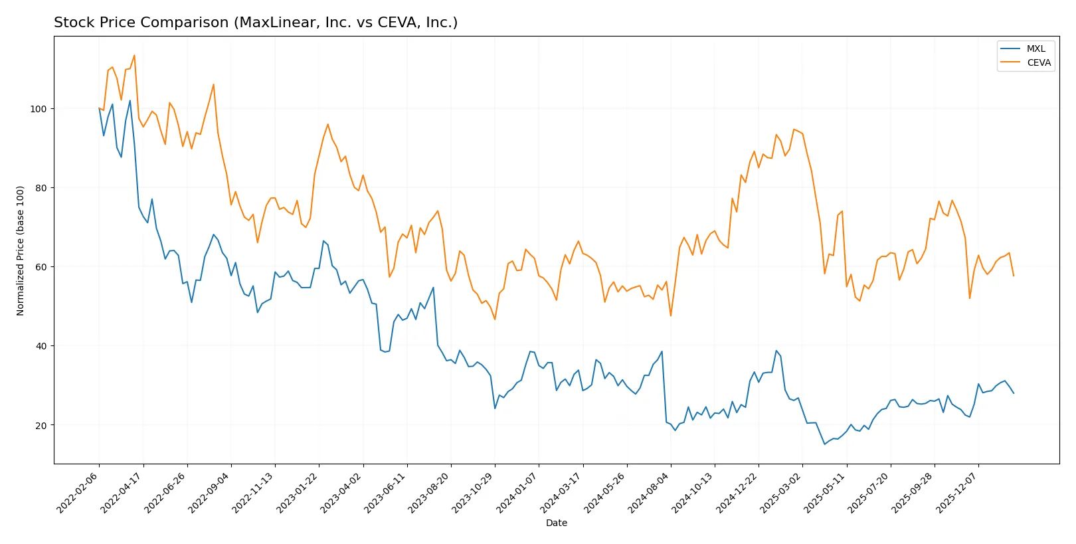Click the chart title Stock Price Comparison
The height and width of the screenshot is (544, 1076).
256,23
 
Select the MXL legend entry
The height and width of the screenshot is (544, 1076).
1035,48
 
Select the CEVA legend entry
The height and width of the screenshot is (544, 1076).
1038,62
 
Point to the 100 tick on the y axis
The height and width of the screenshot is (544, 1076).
39,109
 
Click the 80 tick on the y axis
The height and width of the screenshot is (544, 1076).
41,188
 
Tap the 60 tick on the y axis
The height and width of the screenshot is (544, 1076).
41,267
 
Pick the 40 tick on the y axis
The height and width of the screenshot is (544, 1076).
41,346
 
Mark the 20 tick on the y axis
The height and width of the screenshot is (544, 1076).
41,425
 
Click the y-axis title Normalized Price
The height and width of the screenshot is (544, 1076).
21,250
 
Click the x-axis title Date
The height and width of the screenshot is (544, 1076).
556,523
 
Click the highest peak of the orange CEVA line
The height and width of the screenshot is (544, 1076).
134,55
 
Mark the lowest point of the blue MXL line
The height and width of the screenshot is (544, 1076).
825,444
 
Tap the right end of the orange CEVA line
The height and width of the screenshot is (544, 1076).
1014,276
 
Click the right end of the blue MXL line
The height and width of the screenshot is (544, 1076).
1014,393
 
